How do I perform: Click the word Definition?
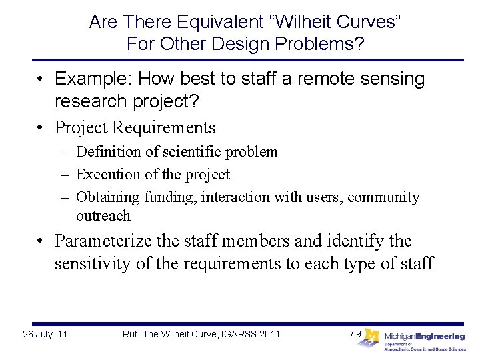coord(109,152)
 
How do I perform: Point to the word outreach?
coord(103,216)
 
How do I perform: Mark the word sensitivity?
coord(93,263)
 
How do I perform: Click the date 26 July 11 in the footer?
coord(45,334)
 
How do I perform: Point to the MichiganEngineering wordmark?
coord(424,337)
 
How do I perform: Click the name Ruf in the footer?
coord(131,334)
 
